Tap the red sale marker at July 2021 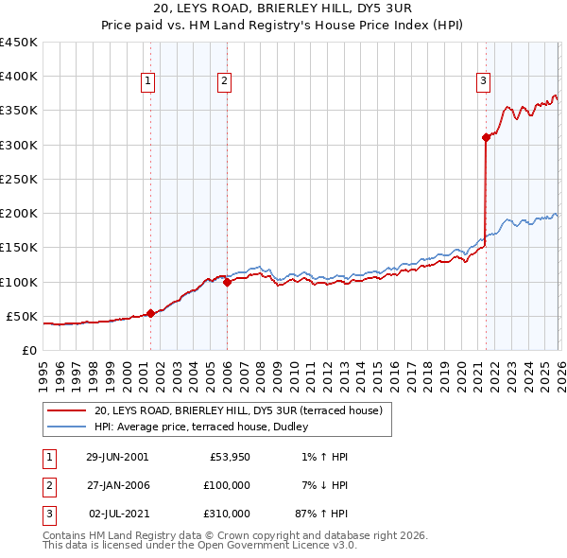pos(486,137)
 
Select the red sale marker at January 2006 pos(228,281)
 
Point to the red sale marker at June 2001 pos(150,313)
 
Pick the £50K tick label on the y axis pos(22,316)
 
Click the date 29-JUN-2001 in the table pos(117,457)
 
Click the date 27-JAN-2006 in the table pos(117,485)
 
